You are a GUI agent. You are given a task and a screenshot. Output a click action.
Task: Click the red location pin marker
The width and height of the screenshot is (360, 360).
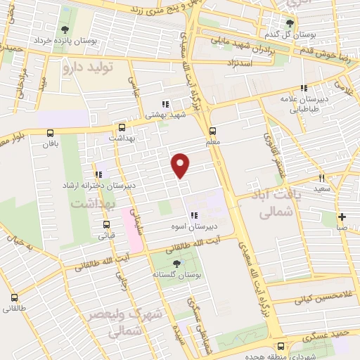[x=181, y=165]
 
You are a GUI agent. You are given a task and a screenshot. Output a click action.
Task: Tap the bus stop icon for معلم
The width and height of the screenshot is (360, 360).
[x=212, y=131]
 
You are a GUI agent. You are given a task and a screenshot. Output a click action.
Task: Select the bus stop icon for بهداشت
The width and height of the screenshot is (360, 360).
[x=122, y=128]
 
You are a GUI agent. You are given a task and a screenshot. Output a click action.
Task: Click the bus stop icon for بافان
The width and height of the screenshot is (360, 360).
[x=50, y=133]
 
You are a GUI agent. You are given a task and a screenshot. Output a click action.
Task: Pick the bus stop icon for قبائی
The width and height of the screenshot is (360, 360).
[x=106, y=226]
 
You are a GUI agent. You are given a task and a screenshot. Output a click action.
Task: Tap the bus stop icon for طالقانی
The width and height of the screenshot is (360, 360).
[x=13, y=296]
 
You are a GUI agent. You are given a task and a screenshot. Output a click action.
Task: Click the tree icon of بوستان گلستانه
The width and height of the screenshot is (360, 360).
[x=175, y=264]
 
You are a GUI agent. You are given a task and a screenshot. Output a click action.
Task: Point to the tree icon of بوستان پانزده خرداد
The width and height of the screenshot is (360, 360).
[x=65, y=30]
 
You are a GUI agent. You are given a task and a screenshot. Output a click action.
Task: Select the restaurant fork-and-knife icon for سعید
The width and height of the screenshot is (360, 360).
[x=322, y=179]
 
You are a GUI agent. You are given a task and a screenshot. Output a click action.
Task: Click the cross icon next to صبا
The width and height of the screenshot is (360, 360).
[x=342, y=217]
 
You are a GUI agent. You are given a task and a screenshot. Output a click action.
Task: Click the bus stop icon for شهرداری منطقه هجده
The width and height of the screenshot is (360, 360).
[x=281, y=346]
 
